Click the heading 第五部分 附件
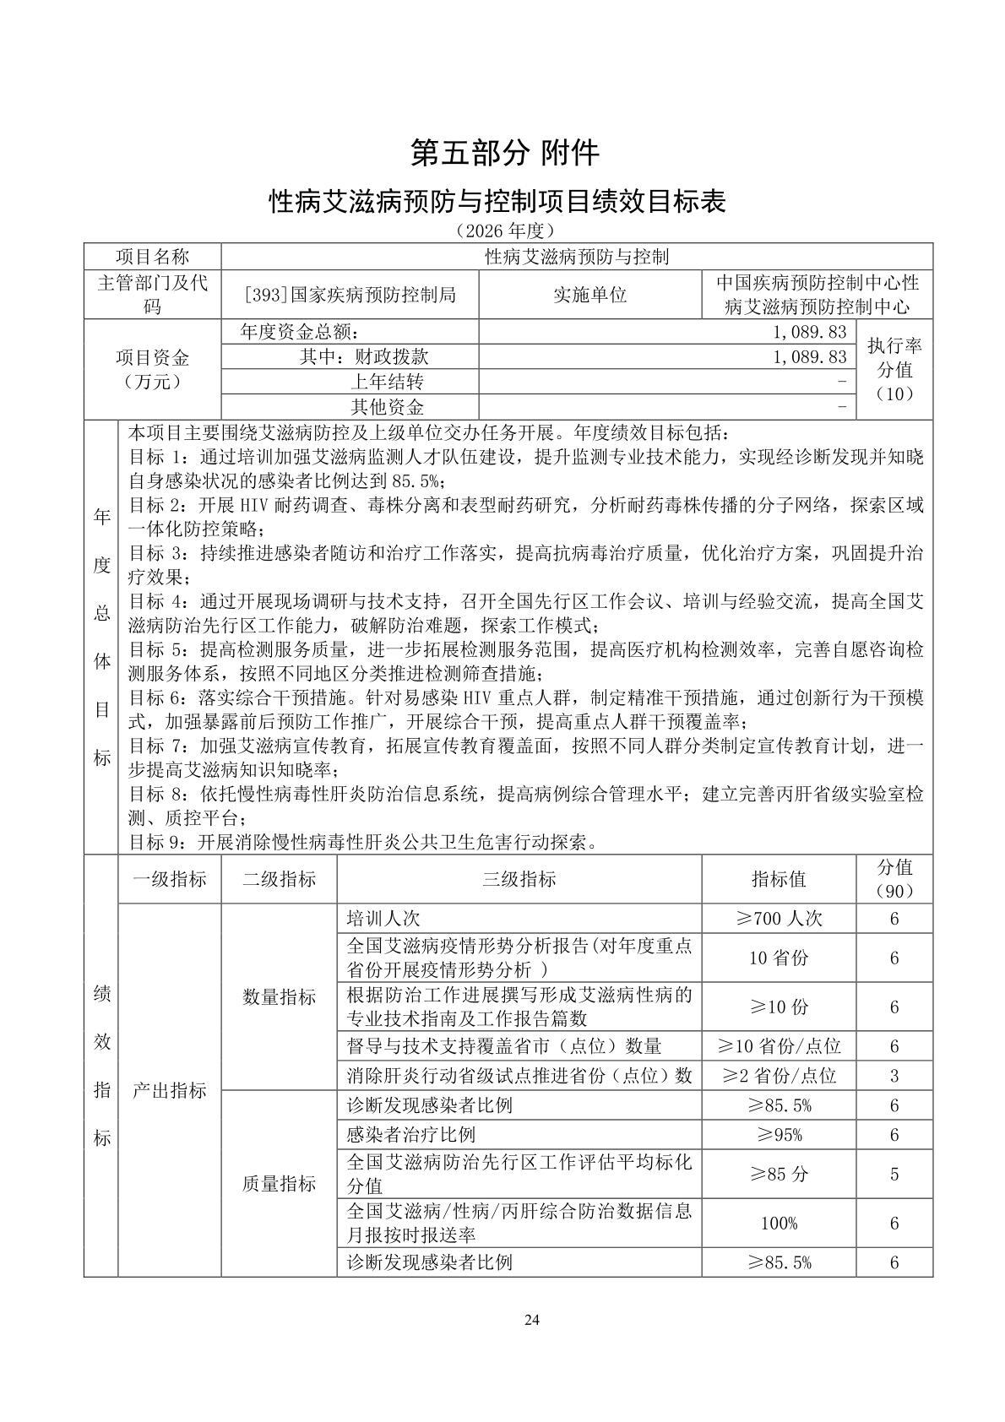click(x=504, y=153)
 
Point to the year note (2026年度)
click(x=504, y=231)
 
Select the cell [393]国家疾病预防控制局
click(x=349, y=295)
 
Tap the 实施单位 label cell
click(x=590, y=295)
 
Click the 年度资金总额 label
click(x=305, y=332)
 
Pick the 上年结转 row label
click(x=387, y=382)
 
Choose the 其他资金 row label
click(x=387, y=407)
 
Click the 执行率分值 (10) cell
click(x=894, y=369)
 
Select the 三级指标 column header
click(x=519, y=879)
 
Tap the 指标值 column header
click(x=778, y=879)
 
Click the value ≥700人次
click(x=778, y=918)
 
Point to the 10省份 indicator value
click(x=778, y=958)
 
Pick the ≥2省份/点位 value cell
click(x=778, y=1076)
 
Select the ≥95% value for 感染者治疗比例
click(x=778, y=1135)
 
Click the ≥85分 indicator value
click(x=778, y=1174)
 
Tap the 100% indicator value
click(x=778, y=1223)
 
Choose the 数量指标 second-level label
click(x=279, y=997)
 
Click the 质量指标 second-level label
click(x=279, y=1184)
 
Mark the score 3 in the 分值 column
click(x=894, y=1076)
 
